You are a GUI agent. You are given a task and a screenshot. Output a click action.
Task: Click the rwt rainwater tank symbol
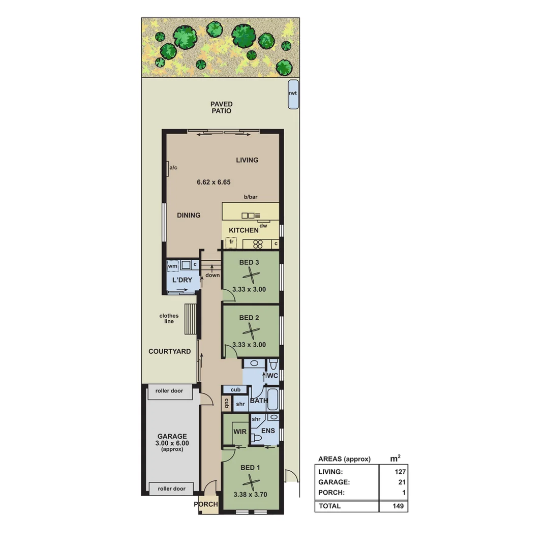[293, 94]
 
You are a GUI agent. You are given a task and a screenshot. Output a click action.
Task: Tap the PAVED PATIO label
[221, 107]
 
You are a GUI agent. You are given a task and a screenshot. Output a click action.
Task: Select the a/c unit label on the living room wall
[173, 167]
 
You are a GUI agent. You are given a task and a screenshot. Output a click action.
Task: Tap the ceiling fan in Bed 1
[251, 481]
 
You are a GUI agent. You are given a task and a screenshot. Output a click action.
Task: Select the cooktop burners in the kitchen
[258, 244]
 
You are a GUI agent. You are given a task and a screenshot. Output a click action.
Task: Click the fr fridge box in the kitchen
[231, 243]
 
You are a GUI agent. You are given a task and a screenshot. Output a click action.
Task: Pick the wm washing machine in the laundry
[173, 265]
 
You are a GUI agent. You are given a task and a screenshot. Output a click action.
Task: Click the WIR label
[240, 432]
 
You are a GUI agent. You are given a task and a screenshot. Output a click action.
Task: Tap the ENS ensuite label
[268, 431]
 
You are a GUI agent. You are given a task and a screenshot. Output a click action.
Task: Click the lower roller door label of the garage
[171, 489]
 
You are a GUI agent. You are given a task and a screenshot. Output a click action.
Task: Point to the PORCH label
[206, 504]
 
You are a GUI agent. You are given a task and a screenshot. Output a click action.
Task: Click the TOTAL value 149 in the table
[399, 506]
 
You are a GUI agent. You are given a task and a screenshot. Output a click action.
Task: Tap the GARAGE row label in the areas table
[333, 482]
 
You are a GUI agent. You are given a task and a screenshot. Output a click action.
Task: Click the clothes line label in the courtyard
[169, 318]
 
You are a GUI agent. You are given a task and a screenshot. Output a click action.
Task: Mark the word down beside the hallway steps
[212, 276]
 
